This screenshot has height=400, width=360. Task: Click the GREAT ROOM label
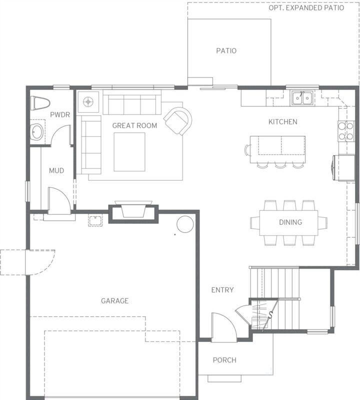pyautogui.click(x=134, y=126)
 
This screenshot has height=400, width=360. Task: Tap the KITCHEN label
pyautogui.click(x=282, y=122)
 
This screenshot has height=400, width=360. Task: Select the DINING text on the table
pyautogui.click(x=290, y=222)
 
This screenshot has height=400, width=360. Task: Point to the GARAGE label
pyautogui.click(x=114, y=301)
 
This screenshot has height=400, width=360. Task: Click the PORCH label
pyautogui.click(x=224, y=360)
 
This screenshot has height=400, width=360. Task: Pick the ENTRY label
pyautogui.click(x=222, y=290)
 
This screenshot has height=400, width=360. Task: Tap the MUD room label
pyautogui.click(x=56, y=171)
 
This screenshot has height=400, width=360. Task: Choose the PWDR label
pyautogui.click(x=59, y=115)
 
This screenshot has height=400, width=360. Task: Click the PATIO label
pyautogui.click(x=226, y=51)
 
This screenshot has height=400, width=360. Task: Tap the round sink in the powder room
pyautogui.click(x=37, y=133)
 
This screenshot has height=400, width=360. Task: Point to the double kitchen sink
pyautogui.click(x=302, y=98)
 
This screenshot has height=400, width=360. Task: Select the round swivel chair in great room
pyautogui.click(x=178, y=121)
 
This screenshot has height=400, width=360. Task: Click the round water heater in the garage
pyautogui.click(x=184, y=224)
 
